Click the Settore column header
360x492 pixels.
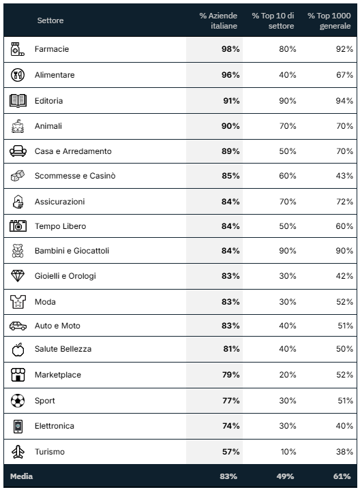[x=50, y=20]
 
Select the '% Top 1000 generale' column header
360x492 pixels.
[x=329, y=20]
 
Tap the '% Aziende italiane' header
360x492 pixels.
[x=218, y=20]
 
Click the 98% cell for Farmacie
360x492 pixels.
[x=230, y=49]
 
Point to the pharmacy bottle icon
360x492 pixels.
[x=17, y=49]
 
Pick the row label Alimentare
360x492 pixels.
[x=55, y=75]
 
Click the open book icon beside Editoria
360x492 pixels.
[x=18, y=101]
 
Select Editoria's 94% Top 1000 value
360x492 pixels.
[x=344, y=101]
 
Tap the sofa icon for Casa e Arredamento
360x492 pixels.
[x=18, y=151]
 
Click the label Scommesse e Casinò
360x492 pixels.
[x=75, y=176]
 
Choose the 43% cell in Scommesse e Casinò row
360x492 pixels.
[x=344, y=176]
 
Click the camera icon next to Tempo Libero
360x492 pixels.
[x=18, y=226]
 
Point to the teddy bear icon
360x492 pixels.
[x=18, y=251]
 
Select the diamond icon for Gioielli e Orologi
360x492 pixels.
[x=18, y=276]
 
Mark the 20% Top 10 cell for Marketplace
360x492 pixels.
[x=288, y=375]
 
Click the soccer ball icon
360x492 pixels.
[x=18, y=401]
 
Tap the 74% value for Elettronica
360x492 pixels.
[x=231, y=426]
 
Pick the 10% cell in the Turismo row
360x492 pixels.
[x=288, y=452]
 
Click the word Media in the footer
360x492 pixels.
[x=21, y=476]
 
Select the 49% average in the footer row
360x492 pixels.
[x=285, y=476]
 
